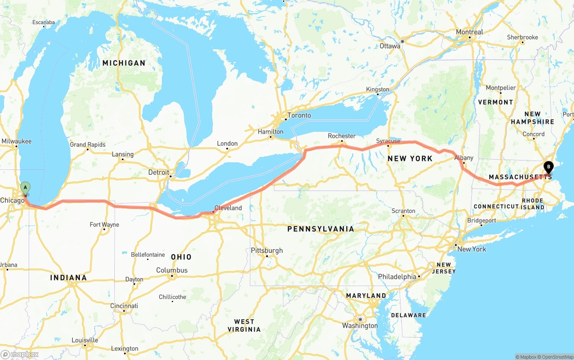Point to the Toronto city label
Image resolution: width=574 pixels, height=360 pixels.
(299, 115)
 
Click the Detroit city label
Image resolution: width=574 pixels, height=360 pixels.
(159, 173)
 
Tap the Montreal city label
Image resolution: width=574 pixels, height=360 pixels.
(469, 32)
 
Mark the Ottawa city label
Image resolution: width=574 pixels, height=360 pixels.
(390, 46)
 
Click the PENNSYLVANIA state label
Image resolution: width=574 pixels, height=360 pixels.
(321, 229)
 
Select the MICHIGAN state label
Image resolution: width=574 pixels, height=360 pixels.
(124, 63)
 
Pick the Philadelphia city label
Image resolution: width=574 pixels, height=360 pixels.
(397, 277)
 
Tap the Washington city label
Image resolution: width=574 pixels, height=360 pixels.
(360, 325)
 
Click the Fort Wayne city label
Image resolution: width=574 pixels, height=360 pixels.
(104, 225)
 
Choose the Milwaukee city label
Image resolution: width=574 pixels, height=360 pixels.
(17, 141)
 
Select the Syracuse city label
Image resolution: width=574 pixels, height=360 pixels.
(388, 141)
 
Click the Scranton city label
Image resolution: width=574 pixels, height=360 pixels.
(403, 211)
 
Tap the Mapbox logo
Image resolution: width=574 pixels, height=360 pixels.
(19, 354)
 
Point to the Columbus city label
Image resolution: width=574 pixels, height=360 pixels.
(172, 270)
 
